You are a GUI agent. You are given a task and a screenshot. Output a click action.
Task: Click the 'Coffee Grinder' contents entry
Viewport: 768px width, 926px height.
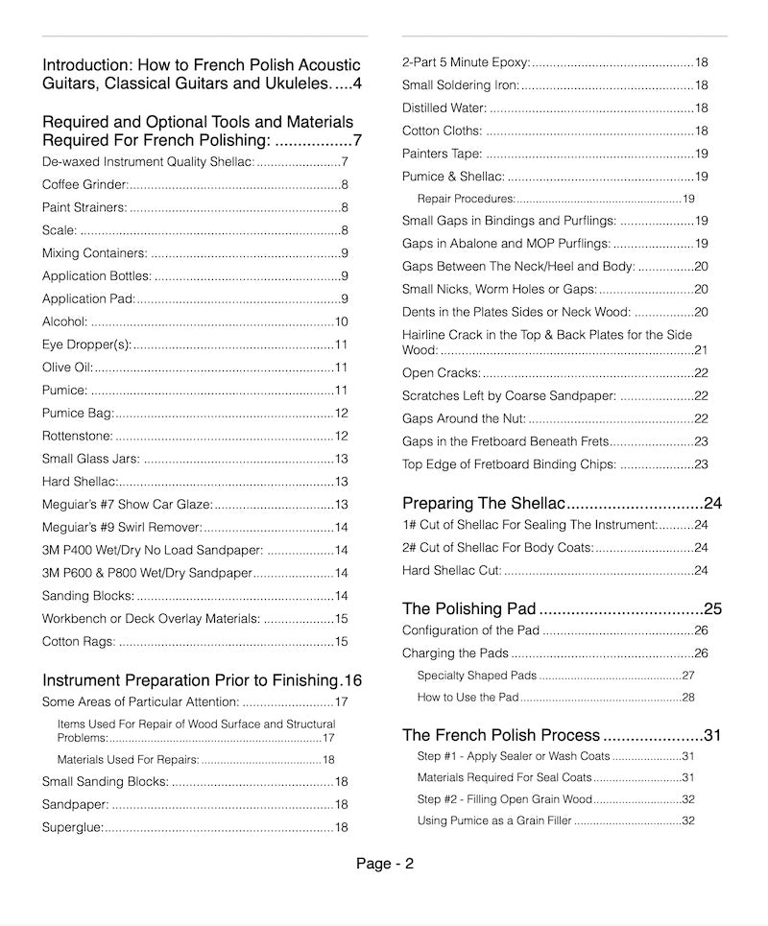pyautogui.click(x=84, y=184)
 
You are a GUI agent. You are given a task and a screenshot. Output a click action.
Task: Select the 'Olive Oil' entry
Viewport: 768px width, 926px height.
pyautogui.click(x=67, y=368)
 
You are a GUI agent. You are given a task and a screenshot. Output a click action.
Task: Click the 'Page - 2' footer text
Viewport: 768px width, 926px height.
pyautogui.click(x=384, y=863)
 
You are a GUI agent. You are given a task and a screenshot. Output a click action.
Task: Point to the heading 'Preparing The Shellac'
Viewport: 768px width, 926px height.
pyautogui.click(x=483, y=503)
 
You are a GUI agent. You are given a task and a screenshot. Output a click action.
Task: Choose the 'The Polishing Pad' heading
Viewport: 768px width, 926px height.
pyautogui.click(x=468, y=608)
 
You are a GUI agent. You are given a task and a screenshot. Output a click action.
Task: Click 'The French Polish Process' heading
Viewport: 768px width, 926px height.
pyautogui.click(x=500, y=735)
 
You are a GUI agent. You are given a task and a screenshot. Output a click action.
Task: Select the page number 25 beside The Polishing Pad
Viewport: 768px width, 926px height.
pyautogui.click(x=712, y=608)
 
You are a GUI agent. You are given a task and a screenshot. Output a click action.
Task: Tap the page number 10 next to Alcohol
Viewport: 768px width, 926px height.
pyautogui.click(x=341, y=321)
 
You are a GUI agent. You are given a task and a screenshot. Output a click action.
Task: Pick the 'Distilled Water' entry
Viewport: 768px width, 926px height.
pyautogui.click(x=444, y=108)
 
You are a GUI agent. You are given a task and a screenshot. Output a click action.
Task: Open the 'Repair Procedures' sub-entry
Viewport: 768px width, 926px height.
pyautogui.click(x=466, y=199)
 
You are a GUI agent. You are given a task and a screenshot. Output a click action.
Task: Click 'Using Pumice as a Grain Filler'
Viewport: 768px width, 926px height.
pyautogui.click(x=493, y=820)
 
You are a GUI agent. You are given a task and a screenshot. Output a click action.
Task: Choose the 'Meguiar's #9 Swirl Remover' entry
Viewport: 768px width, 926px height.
pyautogui.click(x=122, y=527)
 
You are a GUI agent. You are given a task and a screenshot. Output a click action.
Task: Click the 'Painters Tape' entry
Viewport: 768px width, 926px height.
pyautogui.click(x=442, y=154)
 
